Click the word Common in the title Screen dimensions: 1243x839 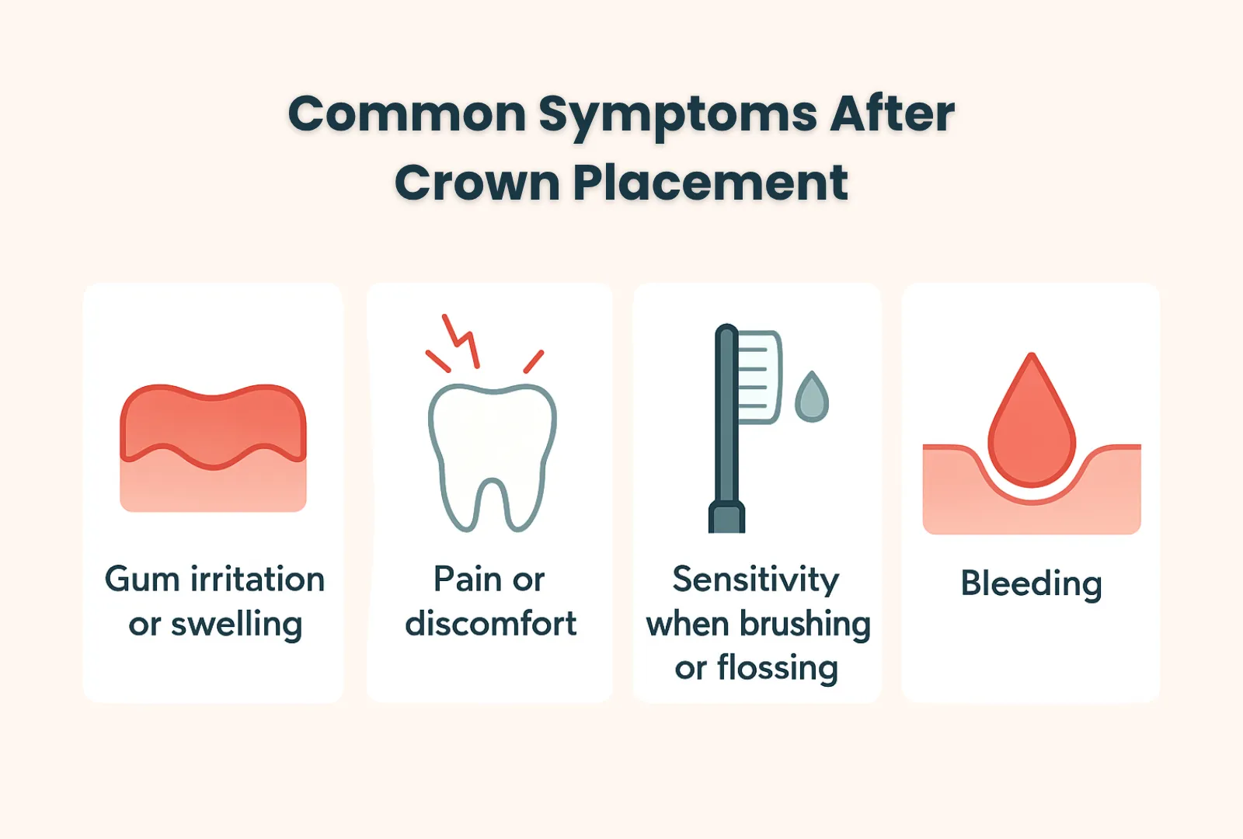pyautogui.click(x=407, y=113)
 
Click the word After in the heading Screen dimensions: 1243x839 pyautogui.click(x=892, y=113)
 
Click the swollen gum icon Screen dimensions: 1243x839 pyautogui.click(x=213, y=447)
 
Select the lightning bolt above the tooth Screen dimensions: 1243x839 pyautogui.click(x=461, y=341)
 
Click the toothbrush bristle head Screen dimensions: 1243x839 pyautogui.click(x=759, y=378)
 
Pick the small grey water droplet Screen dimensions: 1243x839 pyautogui.click(x=811, y=396)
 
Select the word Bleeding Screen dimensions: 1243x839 pyautogui.click(x=1031, y=584)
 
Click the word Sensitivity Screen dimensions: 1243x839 pyautogui.click(x=756, y=580)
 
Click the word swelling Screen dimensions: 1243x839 pyautogui.click(x=236, y=625)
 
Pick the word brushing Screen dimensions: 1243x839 pyautogui.click(x=806, y=625)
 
